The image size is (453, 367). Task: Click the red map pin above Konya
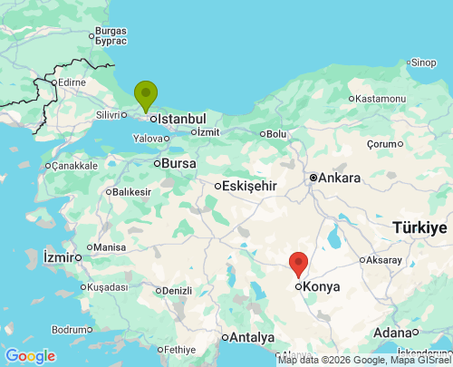[299, 264]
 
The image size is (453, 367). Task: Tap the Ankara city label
[340, 179]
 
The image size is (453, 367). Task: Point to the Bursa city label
[178, 164]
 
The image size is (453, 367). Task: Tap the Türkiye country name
[419, 227]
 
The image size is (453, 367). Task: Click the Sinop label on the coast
[422, 63]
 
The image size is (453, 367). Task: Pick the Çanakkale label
[73, 166]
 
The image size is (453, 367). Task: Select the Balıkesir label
[131, 192]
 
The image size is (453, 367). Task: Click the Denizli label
[176, 291]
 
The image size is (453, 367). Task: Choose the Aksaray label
[386, 260]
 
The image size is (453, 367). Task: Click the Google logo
[30, 356]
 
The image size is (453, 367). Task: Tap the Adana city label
[397, 333]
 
